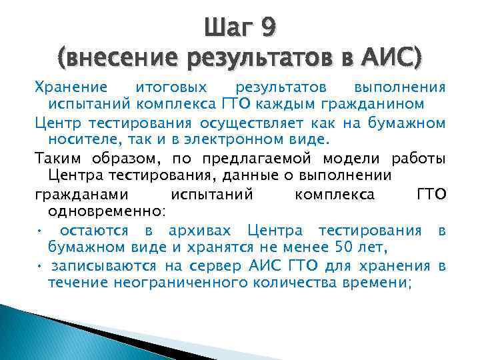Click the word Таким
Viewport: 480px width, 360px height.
[x=57, y=159]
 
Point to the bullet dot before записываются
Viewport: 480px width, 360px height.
[x=41, y=267]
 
